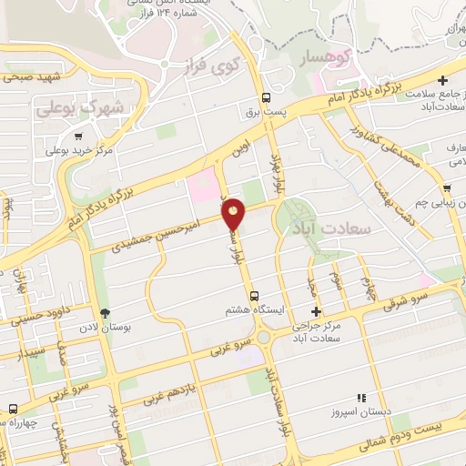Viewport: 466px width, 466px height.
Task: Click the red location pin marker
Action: click(234, 215)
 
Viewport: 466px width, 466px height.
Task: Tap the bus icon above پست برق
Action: click(266, 97)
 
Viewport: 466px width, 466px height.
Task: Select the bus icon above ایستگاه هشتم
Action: click(254, 295)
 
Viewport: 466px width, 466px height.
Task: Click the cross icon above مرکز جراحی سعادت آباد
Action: click(316, 311)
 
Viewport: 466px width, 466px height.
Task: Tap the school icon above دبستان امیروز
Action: click(362, 398)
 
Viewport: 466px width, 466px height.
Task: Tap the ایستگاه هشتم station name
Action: click(249, 310)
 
